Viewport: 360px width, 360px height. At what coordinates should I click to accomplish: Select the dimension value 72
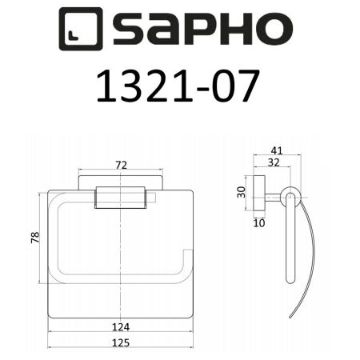tap(122, 165)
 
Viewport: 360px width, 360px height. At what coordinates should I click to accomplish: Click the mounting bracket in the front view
tap(122, 198)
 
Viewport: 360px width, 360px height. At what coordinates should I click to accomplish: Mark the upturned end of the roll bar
tap(185, 258)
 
